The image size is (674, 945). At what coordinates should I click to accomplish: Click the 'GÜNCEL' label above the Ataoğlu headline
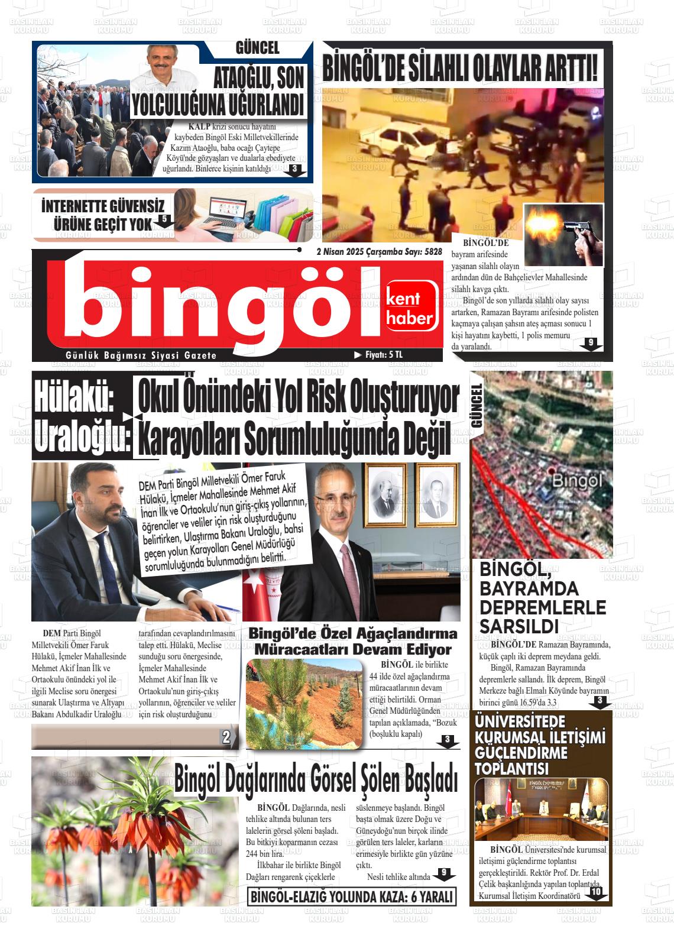pos(257,48)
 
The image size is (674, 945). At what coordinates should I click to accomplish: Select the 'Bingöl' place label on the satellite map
pos(576,481)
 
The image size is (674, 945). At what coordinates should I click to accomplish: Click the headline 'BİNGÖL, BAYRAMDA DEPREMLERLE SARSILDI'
pos(543,598)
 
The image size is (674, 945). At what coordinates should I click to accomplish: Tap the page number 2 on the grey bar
pos(225,737)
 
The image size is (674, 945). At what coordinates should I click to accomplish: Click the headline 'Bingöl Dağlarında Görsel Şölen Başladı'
pos(316,779)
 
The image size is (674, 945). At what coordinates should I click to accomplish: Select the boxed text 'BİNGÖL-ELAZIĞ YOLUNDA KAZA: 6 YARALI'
pos(352,897)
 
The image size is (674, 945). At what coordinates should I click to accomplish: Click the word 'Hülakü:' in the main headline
pos(73,397)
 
